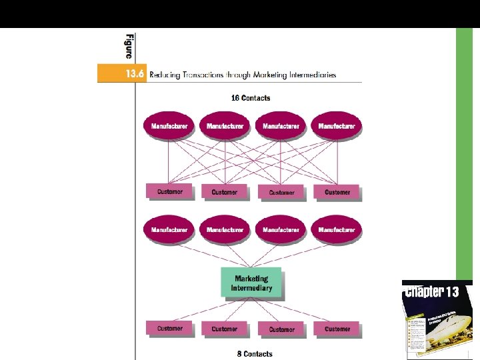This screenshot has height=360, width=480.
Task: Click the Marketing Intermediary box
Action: coord(251,283)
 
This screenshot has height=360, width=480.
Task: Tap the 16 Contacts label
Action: coord(251,98)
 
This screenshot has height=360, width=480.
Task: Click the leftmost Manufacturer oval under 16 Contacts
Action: coord(169,126)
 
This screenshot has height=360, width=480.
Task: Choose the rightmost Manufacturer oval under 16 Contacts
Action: coord(337,126)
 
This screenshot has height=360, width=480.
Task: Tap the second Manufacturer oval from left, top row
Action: coord(225,126)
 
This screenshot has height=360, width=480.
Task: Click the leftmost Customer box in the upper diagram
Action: coord(169,192)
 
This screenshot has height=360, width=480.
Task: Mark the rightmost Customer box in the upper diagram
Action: coord(337,192)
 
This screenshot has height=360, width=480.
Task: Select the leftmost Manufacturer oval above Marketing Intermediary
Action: coord(169,230)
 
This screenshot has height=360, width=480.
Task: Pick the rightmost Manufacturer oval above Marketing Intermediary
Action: coord(337,230)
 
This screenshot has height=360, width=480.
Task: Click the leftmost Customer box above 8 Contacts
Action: coord(169,329)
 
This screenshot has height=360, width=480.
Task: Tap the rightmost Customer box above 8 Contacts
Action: coord(337,329)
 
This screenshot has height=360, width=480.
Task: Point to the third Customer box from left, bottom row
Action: coord(281,329)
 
